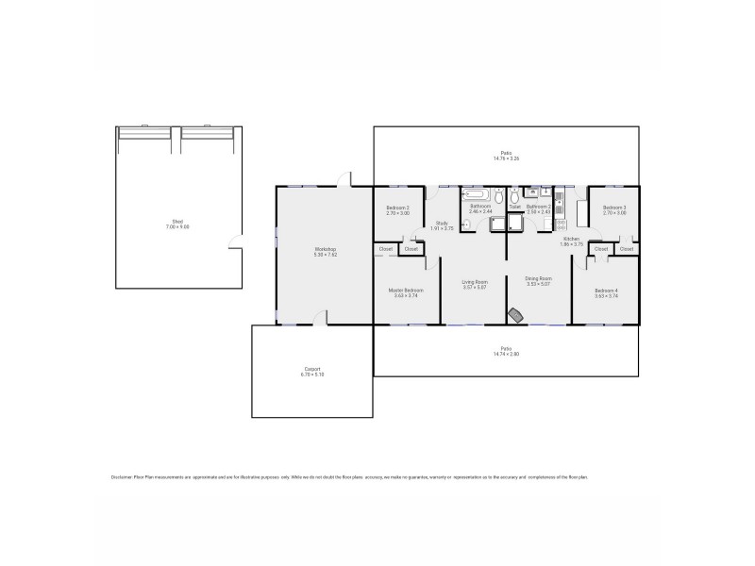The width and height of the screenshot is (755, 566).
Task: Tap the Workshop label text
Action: point(325,249)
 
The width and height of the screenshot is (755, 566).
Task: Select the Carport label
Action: point(312,369)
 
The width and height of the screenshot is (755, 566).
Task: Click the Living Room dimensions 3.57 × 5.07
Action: point(474,287)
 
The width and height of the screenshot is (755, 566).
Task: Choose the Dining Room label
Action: point(538,278)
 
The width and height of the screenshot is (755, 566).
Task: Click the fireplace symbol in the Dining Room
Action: point(515,314)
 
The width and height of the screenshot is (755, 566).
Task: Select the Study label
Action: point(442,223)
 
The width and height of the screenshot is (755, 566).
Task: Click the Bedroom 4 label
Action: point(606,290)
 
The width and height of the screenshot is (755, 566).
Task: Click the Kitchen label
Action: point(571,239)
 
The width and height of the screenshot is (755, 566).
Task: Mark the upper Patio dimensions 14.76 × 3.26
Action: point(506,158)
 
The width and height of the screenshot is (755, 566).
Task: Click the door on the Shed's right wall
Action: point(234,248)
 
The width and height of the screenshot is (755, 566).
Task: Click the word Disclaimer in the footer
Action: point(121,477)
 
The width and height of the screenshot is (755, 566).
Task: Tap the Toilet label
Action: point(514,206)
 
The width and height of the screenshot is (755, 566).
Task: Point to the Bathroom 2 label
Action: point(538,206)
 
